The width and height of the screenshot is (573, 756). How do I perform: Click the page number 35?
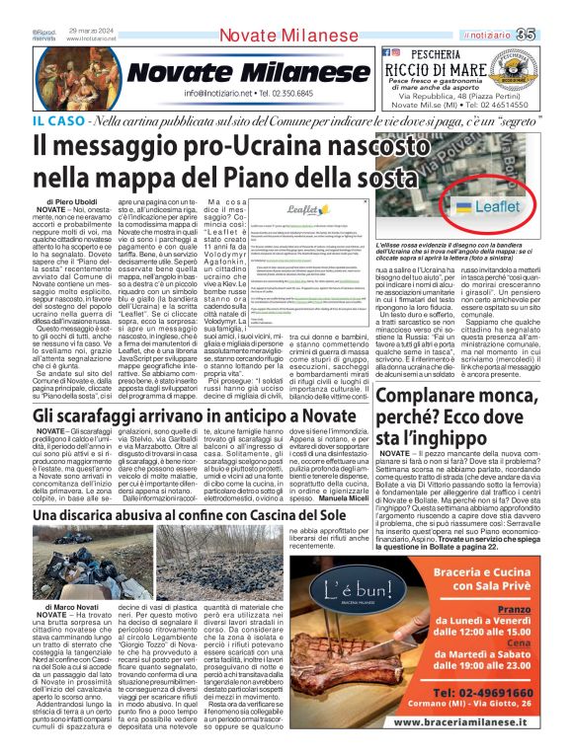[554, 9]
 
